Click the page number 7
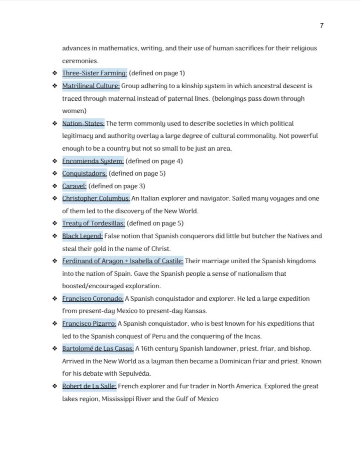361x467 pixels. click(322, 25)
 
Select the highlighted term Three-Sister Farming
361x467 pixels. click(94, 73)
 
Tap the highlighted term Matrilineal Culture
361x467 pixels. click(91, 86)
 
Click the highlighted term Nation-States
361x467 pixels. click(83, 123)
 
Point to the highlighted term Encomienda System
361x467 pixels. click(93, 161)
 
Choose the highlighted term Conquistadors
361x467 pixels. click(85, 174)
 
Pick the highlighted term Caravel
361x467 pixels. click(74, 186)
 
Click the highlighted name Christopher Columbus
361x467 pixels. click(96, 198)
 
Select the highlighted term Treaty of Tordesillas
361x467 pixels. click(94, 223)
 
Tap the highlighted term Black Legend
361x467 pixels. click(82, 236)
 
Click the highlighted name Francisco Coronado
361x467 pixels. click(93, 299)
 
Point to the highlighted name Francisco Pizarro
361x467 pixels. click(89, 324)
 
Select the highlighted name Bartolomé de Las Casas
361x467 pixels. click(98, 349)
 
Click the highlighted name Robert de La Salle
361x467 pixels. click(89, 386)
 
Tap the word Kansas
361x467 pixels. click(195, 311)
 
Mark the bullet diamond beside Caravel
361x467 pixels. click(55, 186)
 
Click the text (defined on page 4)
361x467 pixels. click(154, 161)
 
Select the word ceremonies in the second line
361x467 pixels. click(80, 61)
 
